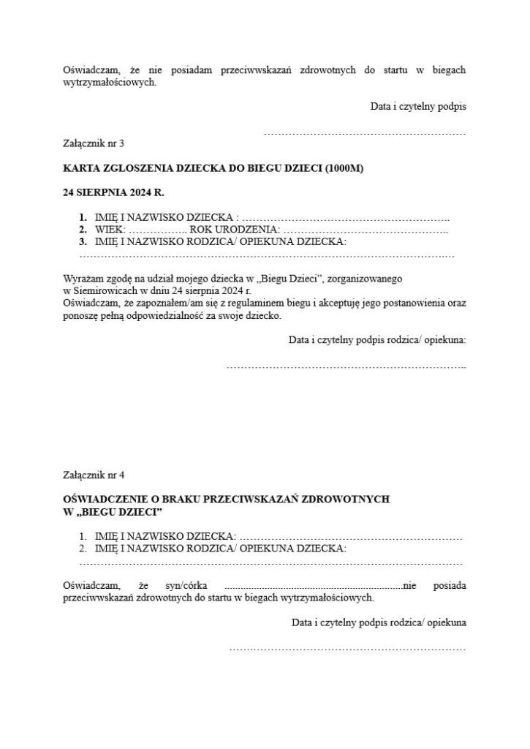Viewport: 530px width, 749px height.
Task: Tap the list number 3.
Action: click(x=83, y=241)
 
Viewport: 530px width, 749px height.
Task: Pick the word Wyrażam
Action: click(x=83, y=279)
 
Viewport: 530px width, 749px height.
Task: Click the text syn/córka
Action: click(x=187, y=585)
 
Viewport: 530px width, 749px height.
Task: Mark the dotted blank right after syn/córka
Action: click(x=313, y=587)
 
